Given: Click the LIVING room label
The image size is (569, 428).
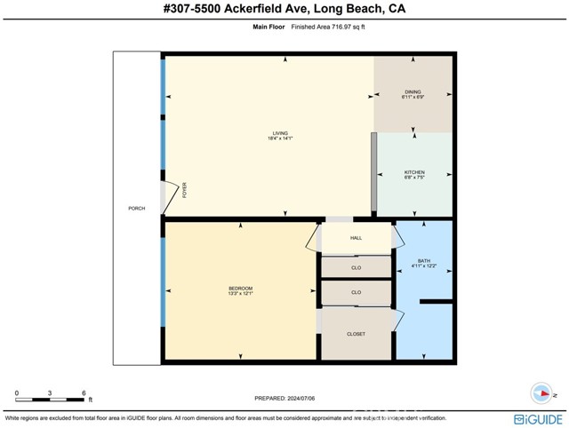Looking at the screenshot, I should [280, 133].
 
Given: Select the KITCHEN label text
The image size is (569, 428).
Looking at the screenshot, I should [414, 172].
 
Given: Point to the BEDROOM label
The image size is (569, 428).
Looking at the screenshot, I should [240, 288].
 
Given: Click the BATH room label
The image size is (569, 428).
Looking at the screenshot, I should [424, 261].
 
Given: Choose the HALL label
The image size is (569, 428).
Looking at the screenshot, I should [356, 238].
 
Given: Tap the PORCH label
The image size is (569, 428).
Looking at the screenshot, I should [136, 208].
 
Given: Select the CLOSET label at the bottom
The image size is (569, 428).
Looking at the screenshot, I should [356, 334].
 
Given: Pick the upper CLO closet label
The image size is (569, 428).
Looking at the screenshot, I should [356, 266].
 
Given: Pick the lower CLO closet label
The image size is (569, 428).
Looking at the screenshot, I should [356, 292].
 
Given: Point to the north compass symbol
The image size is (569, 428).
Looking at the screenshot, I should [541, 392].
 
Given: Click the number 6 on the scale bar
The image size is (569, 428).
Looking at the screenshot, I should [84, 392].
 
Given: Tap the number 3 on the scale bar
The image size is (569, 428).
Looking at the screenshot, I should [50, 392].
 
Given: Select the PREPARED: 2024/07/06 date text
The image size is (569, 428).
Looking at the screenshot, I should [284, 398].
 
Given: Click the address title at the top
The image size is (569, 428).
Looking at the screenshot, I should [284, 9].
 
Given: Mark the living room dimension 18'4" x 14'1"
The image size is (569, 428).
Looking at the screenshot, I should [280, 139].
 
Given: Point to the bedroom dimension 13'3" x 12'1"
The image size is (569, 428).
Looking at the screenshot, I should [240, 294].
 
